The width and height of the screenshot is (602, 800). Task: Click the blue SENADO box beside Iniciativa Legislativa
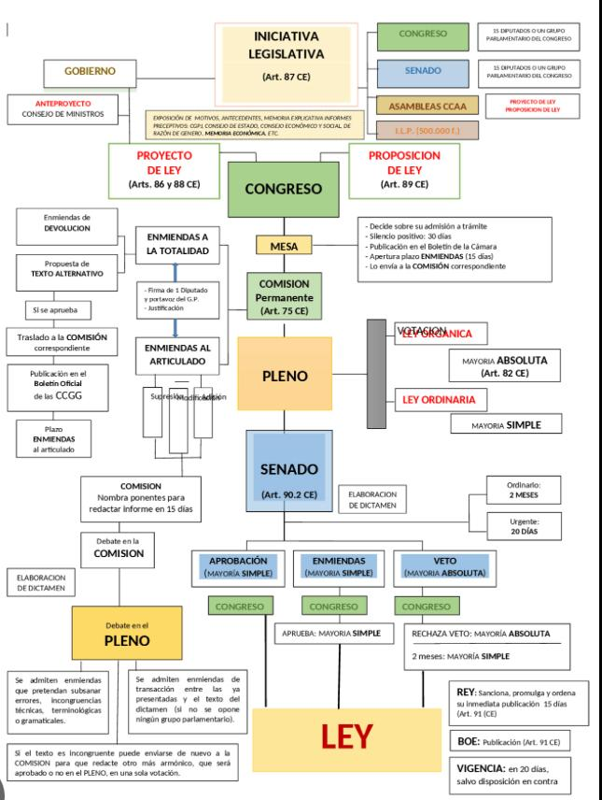[422, 70]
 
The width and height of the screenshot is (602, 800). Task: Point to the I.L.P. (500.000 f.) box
[422, 130]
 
